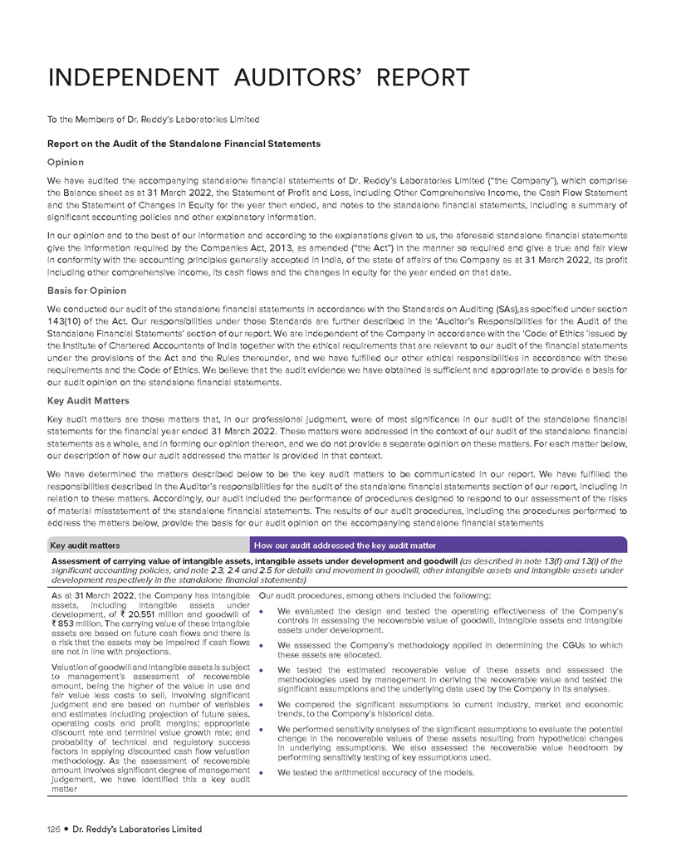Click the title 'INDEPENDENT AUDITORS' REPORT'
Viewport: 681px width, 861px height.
[258, 79]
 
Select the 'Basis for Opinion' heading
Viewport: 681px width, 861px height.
[87, 291]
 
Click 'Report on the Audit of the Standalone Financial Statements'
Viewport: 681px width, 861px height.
[184, 144]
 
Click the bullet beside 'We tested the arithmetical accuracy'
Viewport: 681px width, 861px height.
[262, 773]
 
